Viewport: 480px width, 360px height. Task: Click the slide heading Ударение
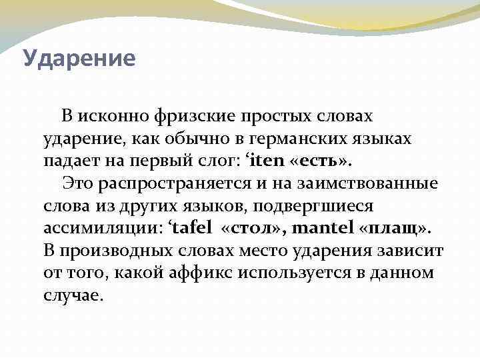click(x=79, y=59)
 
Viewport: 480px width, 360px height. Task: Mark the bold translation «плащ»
click(x=395, y=229)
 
